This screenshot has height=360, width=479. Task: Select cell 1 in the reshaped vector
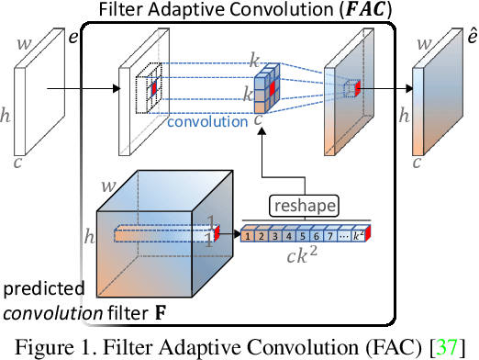[x=248, y=237]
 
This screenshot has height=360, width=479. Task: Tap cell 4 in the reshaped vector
[x=289, y=237]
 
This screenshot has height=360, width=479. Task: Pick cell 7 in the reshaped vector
[x=329, y=237]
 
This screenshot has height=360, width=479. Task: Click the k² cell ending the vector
[x=358, y=237]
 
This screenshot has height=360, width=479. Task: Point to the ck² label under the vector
[x=306, y=261]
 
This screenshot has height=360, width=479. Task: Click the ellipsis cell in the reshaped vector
[x=343, y=237]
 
